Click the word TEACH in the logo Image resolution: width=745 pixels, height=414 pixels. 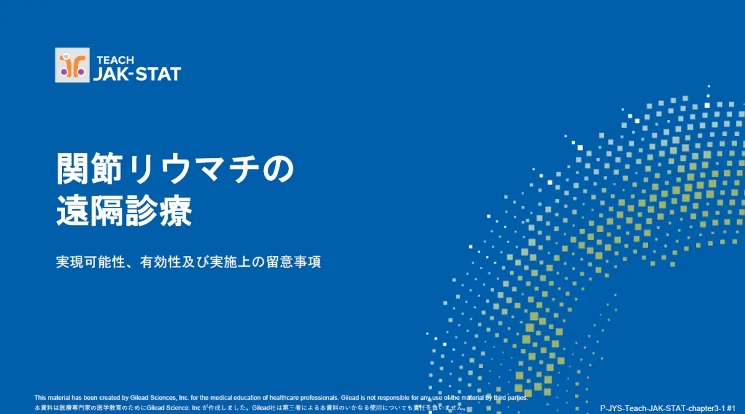coord(115,60)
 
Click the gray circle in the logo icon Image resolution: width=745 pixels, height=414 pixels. coord(66,57)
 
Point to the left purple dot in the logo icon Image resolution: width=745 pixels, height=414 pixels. coord(64,72)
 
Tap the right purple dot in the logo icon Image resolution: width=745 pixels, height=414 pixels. coord(81,72)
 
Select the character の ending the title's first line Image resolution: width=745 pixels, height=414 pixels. coord(278,169)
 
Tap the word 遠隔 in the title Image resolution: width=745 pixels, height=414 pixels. coord(91,211)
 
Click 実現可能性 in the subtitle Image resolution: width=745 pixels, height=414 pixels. coord(90,262)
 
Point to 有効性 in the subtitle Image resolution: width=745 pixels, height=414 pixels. coord(161,262)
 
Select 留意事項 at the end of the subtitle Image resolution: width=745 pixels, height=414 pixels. coord(294,262)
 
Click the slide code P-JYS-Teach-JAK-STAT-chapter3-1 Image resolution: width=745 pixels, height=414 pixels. coord(662,408)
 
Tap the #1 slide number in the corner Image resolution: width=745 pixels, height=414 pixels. coord(731,408)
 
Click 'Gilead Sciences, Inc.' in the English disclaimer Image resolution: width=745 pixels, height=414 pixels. coord(160,398)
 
